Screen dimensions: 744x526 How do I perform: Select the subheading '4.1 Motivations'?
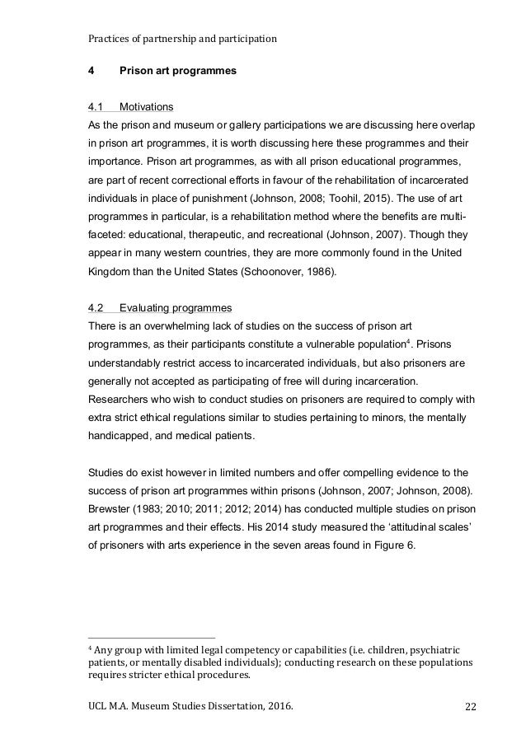130,106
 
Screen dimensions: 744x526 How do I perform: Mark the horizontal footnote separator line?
151,638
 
